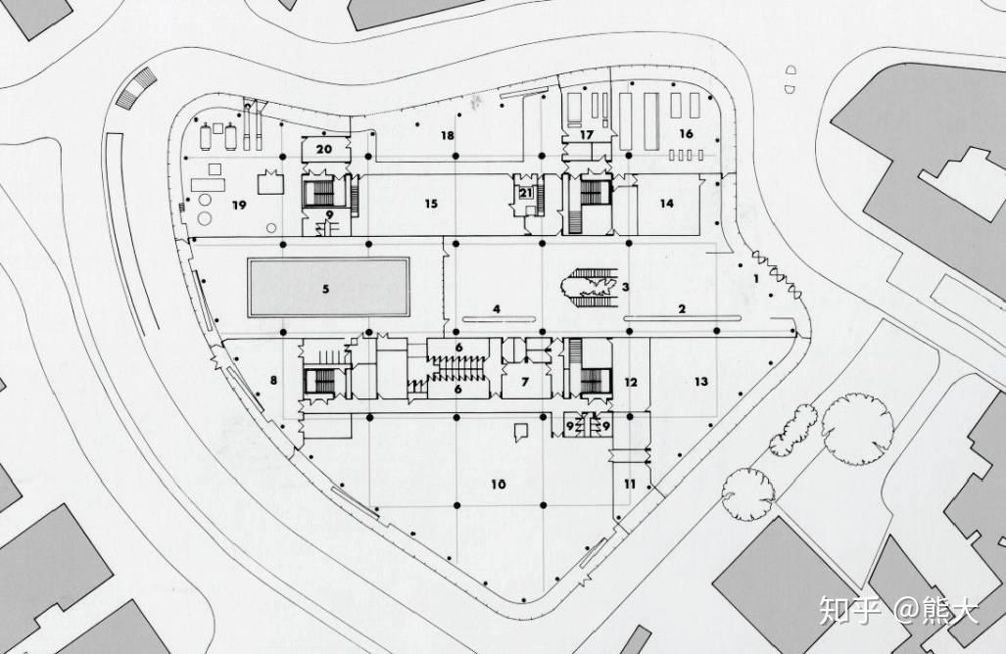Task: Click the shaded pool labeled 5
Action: click(328, 287)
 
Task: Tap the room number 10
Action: click(499, 484)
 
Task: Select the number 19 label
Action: click(239, 206)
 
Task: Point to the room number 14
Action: click(667, 204)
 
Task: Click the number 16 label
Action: click(686, 133)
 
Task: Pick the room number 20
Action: click(324, 149)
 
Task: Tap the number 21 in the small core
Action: click(526, 192)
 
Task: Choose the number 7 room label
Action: click(525, 382)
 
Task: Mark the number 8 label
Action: click(273, 380)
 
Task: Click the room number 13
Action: click(701, 382)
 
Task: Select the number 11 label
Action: click(630, 484)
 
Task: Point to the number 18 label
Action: click(448, 135)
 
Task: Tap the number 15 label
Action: click(430, 204)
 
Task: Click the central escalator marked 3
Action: click(591, 287)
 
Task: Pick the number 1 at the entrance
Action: click(756, 279)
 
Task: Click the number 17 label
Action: click(587, 135)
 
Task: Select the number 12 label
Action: click(631, 382)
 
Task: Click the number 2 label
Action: click(682, 309)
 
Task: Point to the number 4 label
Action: click(497, 309)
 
